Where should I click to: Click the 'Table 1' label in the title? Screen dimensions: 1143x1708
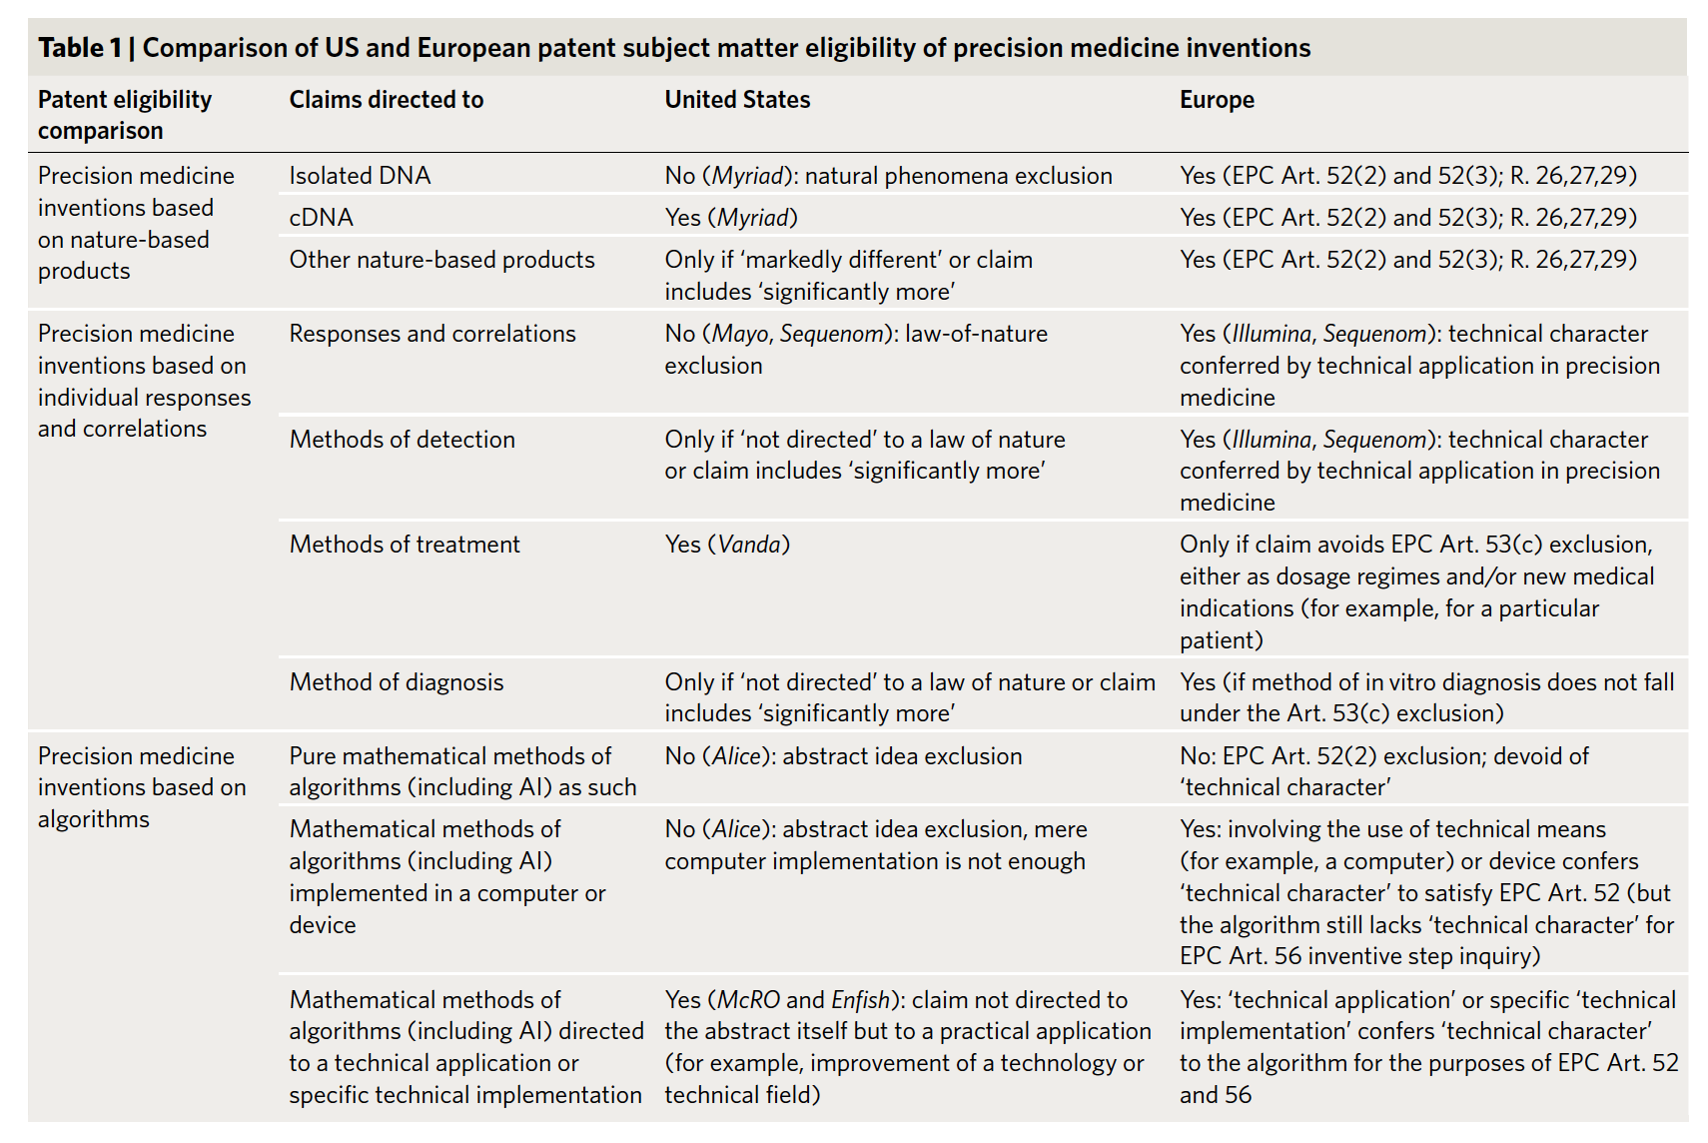pyautogui.click(x=80, y=48)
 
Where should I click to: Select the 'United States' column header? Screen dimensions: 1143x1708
pyautogui.click(x=737, y=100)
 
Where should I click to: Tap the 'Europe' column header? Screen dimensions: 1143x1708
pyautogui.click(x=1217, y=100)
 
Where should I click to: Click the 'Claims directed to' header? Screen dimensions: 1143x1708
pyautogui.click(x=387, y=100)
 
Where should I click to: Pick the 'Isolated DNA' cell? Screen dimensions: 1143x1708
pyautogui.click(x=360, y=176)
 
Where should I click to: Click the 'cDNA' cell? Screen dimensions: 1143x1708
pyautogui.click(x=322, y=218)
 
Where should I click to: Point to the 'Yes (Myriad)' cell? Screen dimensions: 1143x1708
pyautogui.click(x=731, y=218)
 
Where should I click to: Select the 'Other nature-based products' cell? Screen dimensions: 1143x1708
pyautogui.click(x=441, y=260)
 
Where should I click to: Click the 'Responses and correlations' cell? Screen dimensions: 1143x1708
pyautogui.click(x=432, y=334)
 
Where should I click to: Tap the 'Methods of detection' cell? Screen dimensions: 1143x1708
pyautogui.click(x=403, y=440)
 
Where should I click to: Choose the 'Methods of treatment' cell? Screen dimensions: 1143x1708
pyautogui.click(x=405, y=545)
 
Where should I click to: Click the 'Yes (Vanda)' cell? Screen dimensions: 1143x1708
pyautogui.click(x=727, y=545)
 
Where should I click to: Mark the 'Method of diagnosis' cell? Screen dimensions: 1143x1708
pyautogui.click(x=397, y=682)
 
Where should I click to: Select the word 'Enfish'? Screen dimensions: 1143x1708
pyautogui.click(x=860, y=1000)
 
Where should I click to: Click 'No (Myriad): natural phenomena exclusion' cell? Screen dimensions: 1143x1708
pyautogui.click(x=888, y=176)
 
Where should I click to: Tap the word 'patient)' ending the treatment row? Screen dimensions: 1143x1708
pyautogui.click(x=1221, y=640)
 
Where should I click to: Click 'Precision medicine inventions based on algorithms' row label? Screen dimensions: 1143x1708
pyautogui.click(x=142, y=787)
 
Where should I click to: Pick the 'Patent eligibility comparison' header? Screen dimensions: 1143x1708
pyautogui.click(x=125, y=115)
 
